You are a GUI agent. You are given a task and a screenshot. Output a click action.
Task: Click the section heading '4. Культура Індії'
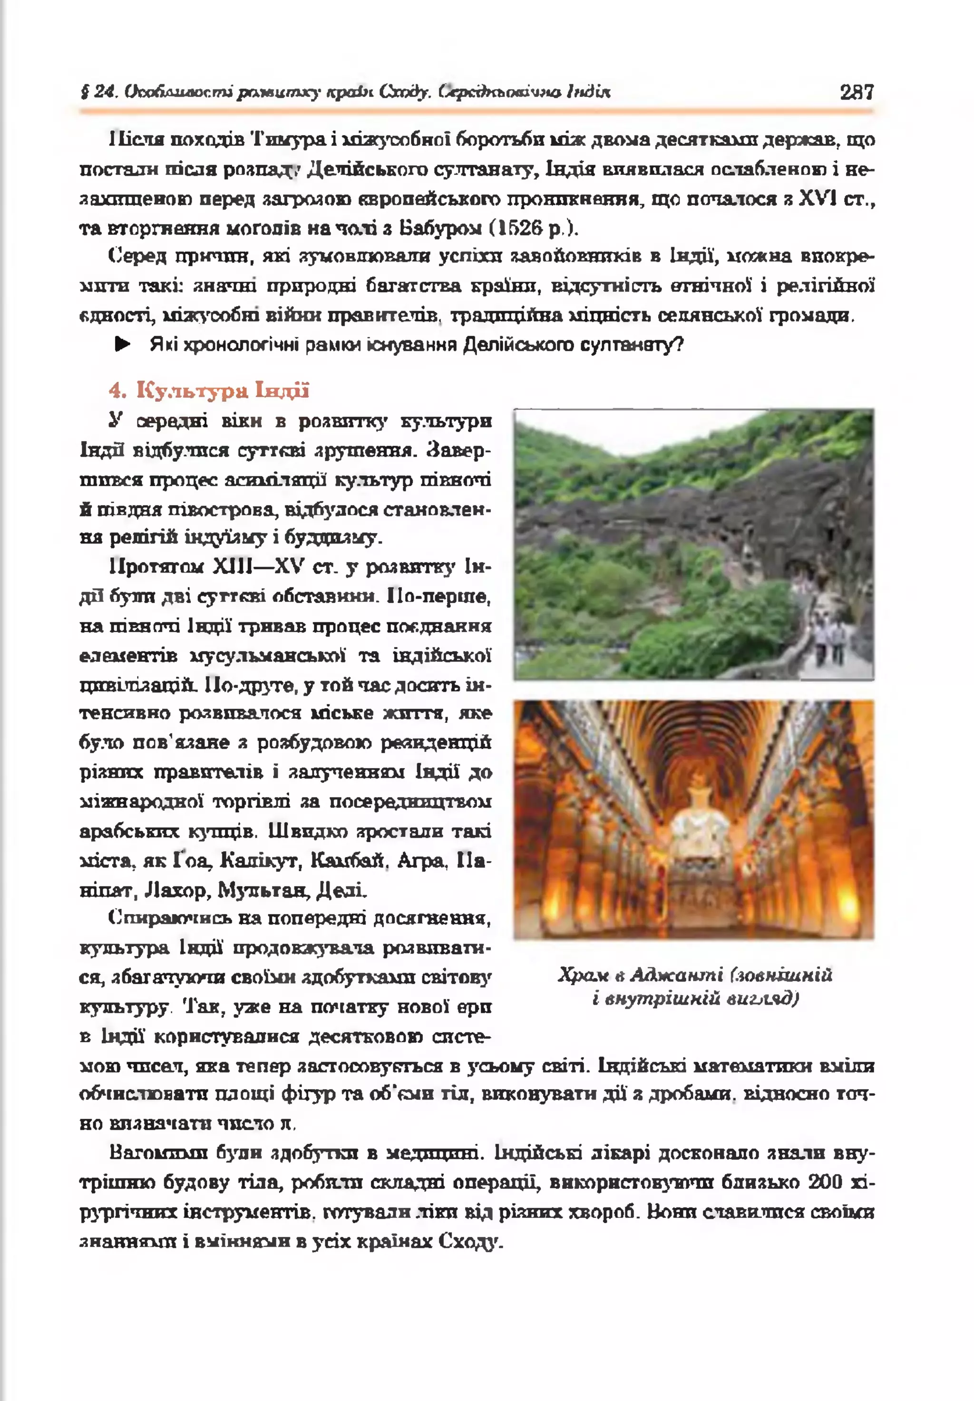pos(209,390)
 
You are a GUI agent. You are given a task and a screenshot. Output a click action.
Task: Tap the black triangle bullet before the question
pos(123,345)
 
